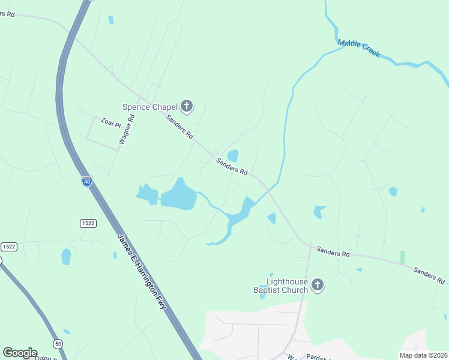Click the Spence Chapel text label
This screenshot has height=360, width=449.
[150, 107]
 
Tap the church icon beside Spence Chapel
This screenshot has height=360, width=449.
[187, 107]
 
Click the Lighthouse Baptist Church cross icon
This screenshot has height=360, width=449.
[318, 286]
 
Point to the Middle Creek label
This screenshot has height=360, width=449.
[359, 48]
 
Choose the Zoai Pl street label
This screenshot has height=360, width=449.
[111, 121]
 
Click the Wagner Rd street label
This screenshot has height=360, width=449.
[126, 130]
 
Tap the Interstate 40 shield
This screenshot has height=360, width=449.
[88, 181]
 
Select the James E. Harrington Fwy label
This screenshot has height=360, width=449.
[142, 271]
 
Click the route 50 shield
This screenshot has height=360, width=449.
[58, 343]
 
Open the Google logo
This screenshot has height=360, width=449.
[20, 353]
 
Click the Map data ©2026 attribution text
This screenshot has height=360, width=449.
[423, 355]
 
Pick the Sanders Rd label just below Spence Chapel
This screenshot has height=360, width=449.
[180, 127]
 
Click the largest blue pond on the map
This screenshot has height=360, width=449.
[178, 195]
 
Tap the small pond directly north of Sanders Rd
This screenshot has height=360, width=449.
[232, 156]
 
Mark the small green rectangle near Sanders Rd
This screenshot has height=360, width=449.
[402, 257]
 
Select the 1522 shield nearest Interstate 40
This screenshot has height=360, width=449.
[88, 223]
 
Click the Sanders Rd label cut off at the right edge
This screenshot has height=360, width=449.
[429, 275]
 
